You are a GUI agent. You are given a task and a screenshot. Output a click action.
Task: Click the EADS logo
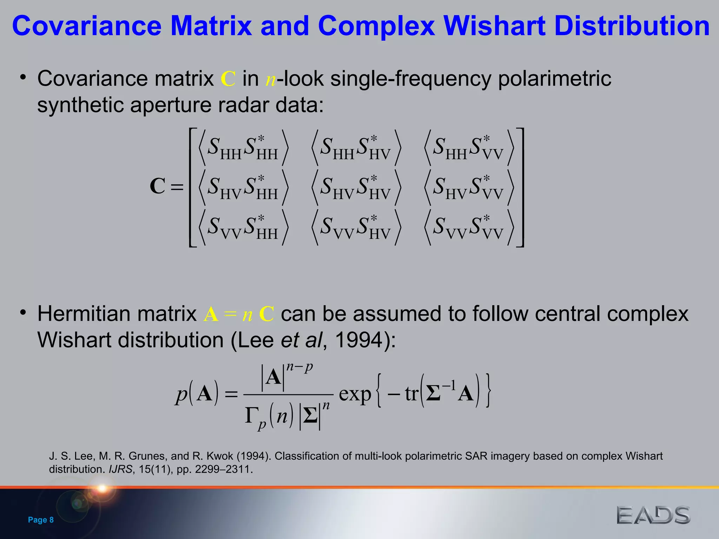click(653, 515)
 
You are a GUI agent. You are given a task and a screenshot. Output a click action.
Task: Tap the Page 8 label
click(41, 520)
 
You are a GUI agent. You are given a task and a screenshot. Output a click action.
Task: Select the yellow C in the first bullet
click(228, 79)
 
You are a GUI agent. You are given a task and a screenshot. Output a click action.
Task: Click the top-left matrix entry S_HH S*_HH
click(243, 147)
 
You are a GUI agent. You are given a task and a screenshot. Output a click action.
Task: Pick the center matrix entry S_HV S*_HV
click(356, 187)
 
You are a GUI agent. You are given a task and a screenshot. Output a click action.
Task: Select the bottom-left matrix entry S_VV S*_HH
click(243, 227)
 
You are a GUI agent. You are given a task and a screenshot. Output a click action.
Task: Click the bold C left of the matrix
click(157, 186)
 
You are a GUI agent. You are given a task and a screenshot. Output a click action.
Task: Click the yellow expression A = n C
click(239, 314)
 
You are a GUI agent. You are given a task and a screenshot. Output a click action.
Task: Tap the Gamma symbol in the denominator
click(251, 416)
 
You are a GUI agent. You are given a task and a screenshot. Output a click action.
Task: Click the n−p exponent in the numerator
click(299, 367)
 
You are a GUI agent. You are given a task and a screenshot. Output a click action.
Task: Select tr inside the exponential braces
click(411, 394)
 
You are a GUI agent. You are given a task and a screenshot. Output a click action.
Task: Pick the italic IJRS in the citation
click(120, 469)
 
